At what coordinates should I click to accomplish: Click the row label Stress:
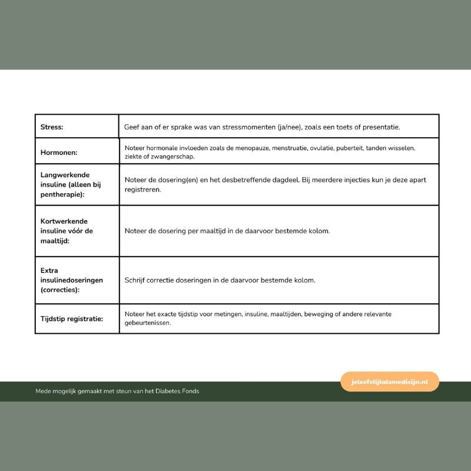point(52,127)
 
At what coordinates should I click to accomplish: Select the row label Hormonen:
point(59,152)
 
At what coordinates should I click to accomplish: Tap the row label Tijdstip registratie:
point(71,319)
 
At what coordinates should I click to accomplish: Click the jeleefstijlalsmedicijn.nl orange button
point(390,382)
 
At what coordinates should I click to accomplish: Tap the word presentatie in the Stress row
point(380,127)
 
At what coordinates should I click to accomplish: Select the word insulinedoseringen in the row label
point(72,280)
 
